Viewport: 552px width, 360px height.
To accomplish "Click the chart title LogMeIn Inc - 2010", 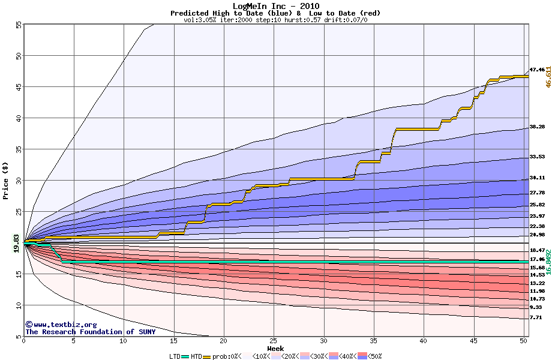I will click(275, 6).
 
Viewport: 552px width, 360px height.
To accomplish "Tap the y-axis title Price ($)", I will click(5, 179).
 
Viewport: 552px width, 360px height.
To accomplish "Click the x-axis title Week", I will click(275, 348).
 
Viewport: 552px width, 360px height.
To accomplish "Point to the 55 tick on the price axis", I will click(18, 25).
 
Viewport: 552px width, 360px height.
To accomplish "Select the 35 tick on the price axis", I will click(18, 149).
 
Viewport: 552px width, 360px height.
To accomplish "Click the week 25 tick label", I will click(274, 341).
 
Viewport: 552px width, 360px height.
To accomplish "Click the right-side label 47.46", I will click(537, 70).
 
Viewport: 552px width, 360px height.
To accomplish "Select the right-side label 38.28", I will click(537, 127).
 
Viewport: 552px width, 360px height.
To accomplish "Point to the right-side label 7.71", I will click(536, 317).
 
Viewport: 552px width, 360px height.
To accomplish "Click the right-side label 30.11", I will click(537, 178).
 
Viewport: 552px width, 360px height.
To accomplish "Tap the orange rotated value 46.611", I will click(548, 76).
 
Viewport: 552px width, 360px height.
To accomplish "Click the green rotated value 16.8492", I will click(548, 262).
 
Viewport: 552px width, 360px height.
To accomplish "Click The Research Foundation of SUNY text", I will click(90, 332).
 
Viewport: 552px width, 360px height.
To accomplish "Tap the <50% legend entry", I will click(370, 356).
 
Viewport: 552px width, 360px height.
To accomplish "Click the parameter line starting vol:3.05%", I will click(275, 20).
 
